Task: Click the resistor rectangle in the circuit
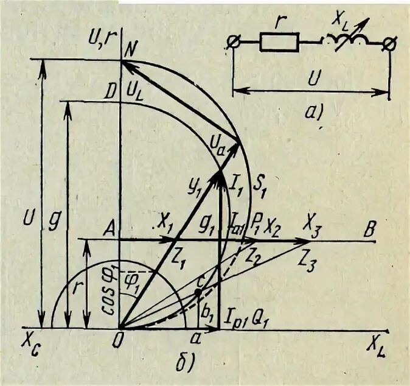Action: click(x=279, y=42)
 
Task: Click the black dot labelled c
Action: click(x=198, y=293)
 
